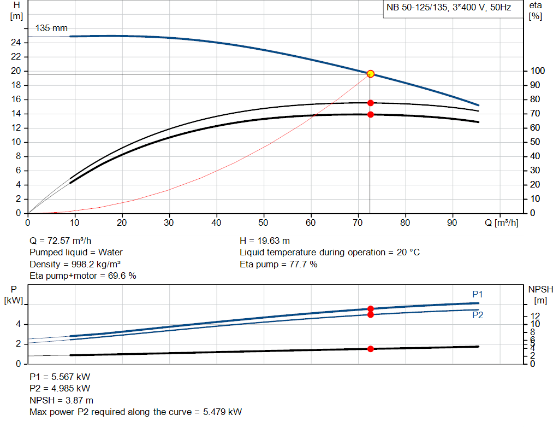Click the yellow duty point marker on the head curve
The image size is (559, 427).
370,74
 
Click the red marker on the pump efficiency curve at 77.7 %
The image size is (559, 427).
370,103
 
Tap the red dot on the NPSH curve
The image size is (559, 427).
370,349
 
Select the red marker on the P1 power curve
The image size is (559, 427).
370,309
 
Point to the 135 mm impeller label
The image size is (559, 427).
51,28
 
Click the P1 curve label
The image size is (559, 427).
478,294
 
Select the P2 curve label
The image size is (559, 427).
478,315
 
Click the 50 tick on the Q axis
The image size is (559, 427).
264,223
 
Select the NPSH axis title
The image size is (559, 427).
540,289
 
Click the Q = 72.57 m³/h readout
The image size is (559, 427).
61,241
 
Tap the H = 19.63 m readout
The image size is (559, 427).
265,241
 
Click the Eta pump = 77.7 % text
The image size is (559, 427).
278,264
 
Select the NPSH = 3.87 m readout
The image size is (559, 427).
61,400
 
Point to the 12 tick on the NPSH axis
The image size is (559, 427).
534,316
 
